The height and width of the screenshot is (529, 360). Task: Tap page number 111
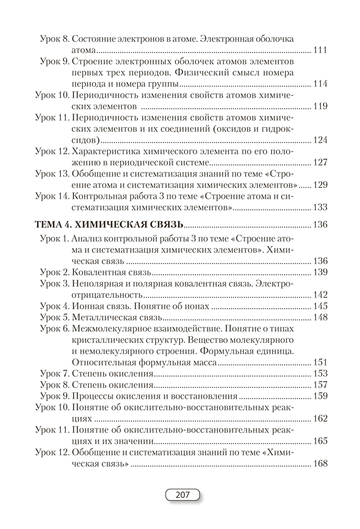click(320, 51)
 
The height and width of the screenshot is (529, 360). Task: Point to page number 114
click(320, 84)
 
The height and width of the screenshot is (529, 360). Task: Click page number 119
click(320, 106)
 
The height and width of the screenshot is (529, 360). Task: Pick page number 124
click(320, 140)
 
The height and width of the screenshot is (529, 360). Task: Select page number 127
click(320, 162)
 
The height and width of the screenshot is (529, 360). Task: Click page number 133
click(320, 207)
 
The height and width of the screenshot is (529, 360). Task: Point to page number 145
click(320, 306)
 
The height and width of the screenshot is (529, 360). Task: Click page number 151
click(320, 362)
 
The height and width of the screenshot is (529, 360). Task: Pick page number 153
click(320, 373)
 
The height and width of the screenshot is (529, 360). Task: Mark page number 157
click(320, 385)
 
